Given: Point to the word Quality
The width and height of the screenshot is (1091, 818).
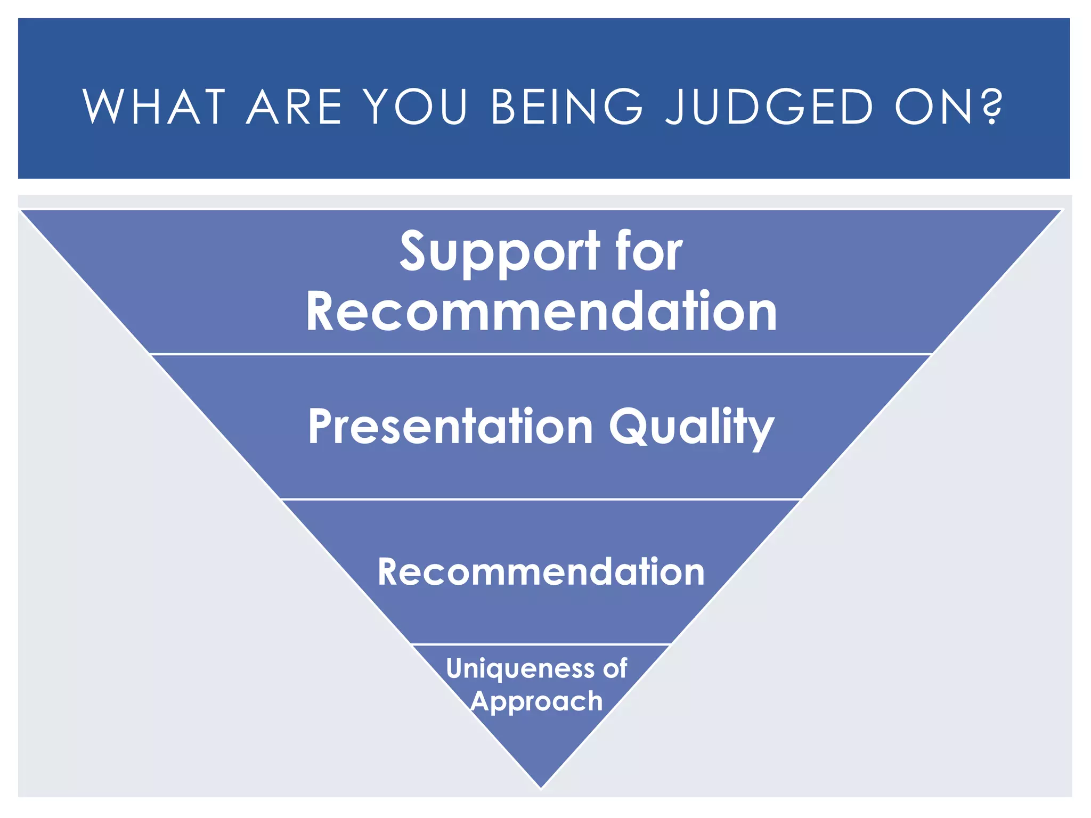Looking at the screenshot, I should click(x=691, y=427).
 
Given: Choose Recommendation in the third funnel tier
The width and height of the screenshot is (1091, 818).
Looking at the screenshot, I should click(x=541, y=572).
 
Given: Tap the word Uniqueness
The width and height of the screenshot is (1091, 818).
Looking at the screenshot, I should click(x=520, y=669).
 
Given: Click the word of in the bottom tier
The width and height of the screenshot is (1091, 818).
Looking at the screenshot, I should click(x=615, y=668).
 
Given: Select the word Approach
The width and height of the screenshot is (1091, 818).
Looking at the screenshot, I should click(x=537, y=702).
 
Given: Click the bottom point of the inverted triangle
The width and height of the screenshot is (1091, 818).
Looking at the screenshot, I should click(x=541, y=786).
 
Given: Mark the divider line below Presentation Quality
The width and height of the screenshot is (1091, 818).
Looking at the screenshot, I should click(x=541, y=500).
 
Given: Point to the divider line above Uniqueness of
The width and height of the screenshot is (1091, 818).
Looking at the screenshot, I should click(x=541, y=644).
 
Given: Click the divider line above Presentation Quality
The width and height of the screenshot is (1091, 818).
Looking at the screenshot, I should click(x=541, y=354).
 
